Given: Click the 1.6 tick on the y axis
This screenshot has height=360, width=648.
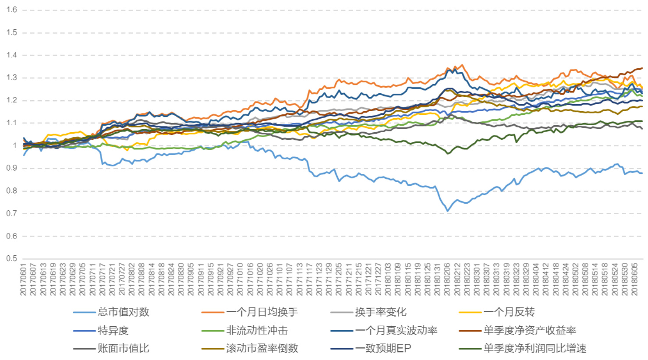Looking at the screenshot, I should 12,10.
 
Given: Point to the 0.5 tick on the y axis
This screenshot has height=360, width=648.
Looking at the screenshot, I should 12,258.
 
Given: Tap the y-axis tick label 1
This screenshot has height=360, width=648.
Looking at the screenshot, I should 15,145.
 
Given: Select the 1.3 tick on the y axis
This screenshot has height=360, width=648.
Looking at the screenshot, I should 12,78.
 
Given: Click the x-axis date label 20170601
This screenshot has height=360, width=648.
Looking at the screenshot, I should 23,279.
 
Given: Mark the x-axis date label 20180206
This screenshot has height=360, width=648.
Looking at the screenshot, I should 447,279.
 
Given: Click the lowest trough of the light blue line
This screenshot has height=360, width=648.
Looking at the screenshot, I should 448,211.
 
